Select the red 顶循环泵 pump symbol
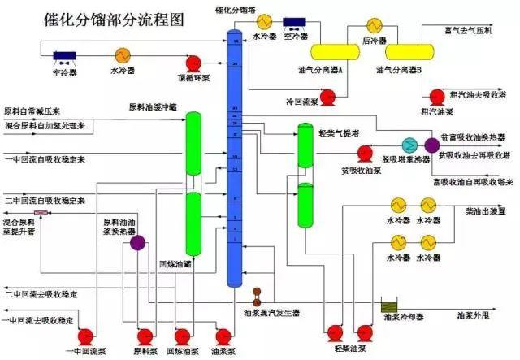click(194, 63)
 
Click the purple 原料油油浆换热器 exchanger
click(136, 241)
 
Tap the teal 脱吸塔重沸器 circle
click(410, 145)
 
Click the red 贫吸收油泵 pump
click(366, 152)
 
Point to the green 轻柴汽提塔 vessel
click(305, 187)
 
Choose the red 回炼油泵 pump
click(184, 335)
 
